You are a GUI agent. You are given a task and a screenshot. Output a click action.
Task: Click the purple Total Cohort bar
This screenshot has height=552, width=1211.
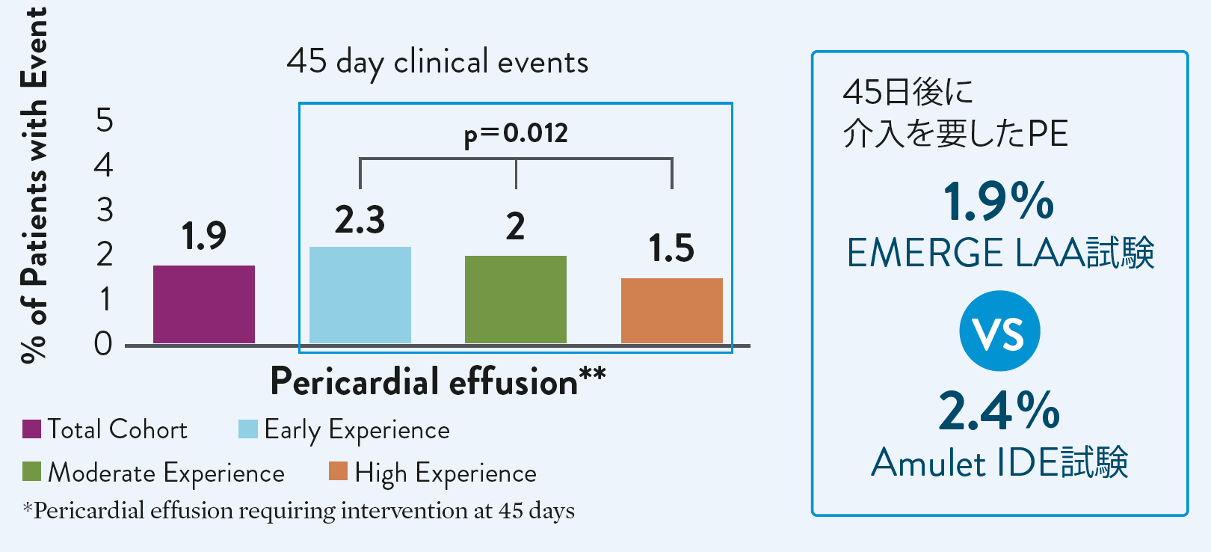[x=204, y=304]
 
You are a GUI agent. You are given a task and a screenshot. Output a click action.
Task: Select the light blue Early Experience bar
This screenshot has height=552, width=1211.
[x=360, y=295]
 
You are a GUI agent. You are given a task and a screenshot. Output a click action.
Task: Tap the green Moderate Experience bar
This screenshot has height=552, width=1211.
[x=515, y=300]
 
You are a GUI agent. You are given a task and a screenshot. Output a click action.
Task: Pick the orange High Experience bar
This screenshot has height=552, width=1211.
[x=671, y=311]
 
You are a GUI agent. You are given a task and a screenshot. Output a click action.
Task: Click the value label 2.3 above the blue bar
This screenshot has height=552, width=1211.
[x=360, y=220]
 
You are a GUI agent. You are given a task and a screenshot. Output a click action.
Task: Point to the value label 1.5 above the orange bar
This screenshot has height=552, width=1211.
[x=671, y=248]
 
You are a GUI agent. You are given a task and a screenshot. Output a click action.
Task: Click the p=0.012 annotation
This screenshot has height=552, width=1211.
[x=516, y=134]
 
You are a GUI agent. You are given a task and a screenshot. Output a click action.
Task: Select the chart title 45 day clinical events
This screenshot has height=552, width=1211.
[x=437, y=61]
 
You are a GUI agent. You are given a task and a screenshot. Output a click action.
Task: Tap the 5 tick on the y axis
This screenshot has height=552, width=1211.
[x=105, y=120]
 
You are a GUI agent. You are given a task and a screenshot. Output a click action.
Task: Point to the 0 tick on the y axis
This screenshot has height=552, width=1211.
[x=104, y=343]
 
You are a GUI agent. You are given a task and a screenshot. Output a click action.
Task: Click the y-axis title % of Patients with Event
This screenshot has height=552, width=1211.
[x=34, y=185]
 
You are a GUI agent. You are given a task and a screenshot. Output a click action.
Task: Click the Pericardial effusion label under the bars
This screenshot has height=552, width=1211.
[x=437, y=381]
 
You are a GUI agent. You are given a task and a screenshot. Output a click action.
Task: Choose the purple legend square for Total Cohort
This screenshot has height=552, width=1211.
[x=31, y=429]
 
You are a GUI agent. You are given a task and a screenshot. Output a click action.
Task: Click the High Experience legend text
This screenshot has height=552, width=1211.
[x=446, y=473]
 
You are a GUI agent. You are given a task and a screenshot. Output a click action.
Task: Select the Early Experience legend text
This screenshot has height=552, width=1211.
[x=357, y=430]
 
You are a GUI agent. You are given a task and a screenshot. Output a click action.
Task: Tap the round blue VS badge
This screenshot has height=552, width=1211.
[x=999, y=331]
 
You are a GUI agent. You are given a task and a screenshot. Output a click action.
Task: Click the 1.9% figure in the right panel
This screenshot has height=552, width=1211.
[x=999, y=202]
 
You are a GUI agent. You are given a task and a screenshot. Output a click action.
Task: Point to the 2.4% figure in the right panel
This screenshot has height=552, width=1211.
[x=999, y=411]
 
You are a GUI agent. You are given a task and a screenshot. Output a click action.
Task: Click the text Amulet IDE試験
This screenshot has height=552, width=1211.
[x=999, y=462]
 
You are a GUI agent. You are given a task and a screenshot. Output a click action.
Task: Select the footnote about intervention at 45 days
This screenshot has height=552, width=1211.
[x=299, y=511]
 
